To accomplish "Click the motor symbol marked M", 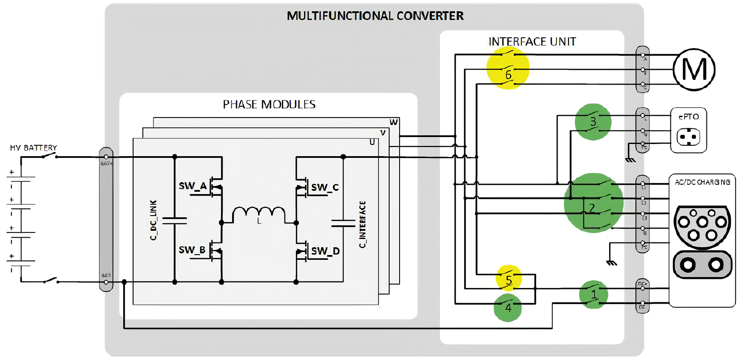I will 694,69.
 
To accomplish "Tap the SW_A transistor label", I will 193,186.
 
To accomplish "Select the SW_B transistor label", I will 192,250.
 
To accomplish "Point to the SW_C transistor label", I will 325,187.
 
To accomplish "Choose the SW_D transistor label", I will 325,251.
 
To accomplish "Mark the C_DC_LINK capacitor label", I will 153,220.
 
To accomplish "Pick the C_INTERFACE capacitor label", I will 363,224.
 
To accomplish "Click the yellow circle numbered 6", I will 508,69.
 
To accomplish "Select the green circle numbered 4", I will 508,308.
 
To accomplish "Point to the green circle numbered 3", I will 593,122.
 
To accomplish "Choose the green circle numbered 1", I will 593,295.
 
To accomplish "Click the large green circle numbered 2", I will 593,203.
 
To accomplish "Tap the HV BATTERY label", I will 33,148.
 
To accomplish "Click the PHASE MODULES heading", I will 269,105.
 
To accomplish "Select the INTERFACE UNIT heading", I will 532,42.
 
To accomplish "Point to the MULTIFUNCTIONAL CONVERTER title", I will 375,16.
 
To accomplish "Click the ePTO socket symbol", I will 688,137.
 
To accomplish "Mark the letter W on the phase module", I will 393,122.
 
